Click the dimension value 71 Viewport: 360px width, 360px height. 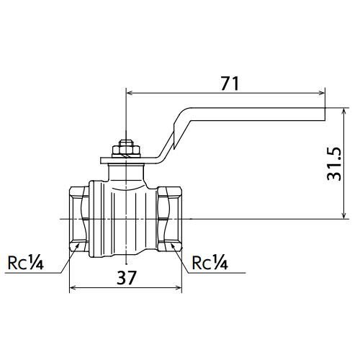(230, 84)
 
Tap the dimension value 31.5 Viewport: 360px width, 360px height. (334, 163)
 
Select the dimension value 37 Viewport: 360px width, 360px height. (127, 277)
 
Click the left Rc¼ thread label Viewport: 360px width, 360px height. (26, 263)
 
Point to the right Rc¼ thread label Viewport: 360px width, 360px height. (210, 263)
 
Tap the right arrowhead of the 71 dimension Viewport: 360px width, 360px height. (322, 93)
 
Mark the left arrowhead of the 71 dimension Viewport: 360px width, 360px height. (130, 93)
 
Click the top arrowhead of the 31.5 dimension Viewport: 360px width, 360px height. (344, 112)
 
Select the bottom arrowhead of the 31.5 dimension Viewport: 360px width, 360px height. (344, 215)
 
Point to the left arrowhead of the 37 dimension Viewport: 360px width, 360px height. (73, 287)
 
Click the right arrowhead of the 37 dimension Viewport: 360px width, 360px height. (179, 287)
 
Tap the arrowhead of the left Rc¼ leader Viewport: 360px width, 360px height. (77, 246)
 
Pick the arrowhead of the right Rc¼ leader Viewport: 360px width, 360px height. (173, 246)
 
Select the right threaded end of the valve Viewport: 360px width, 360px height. (170, 219)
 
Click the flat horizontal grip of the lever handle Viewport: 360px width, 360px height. (258, 114)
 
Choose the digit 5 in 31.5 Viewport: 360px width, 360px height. (334, 152)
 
